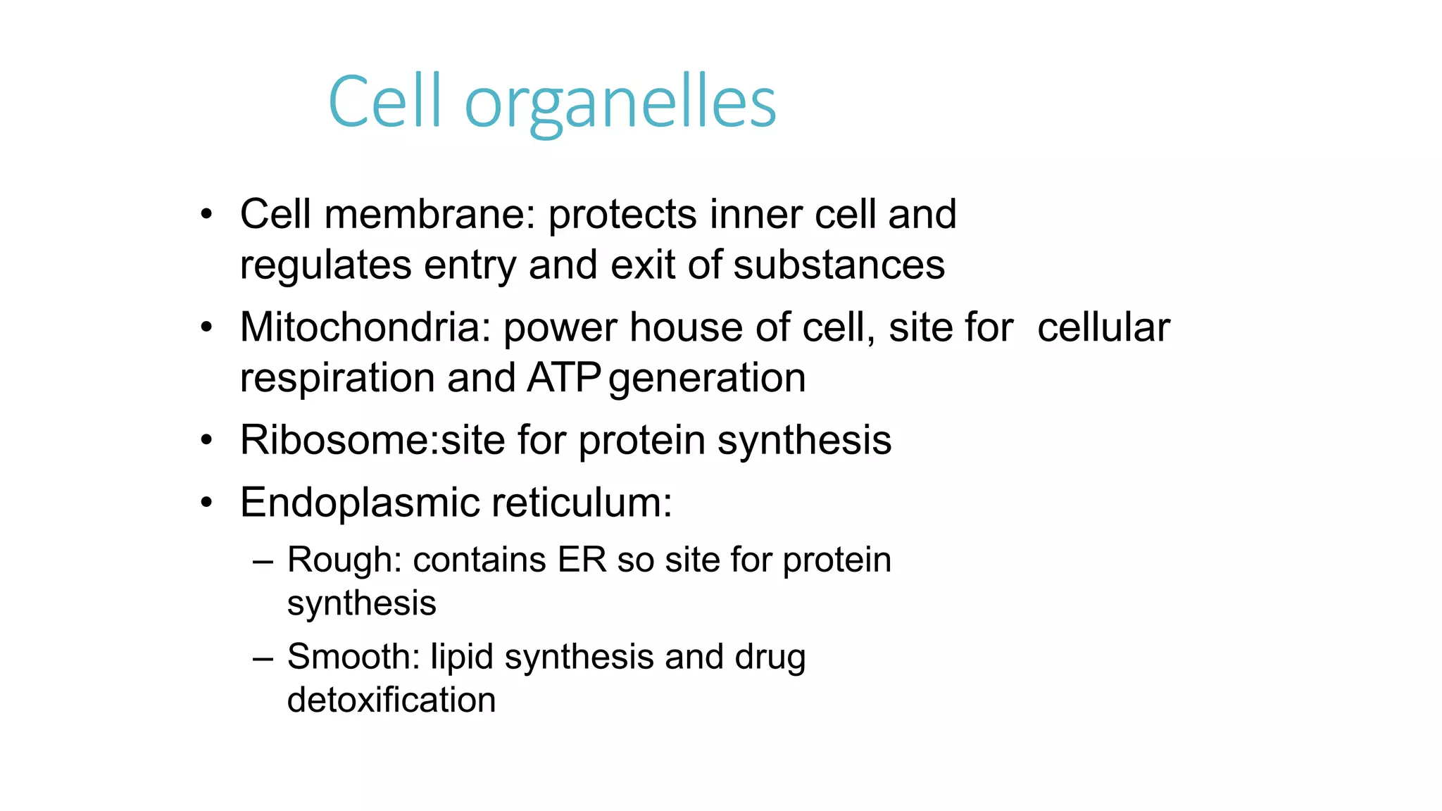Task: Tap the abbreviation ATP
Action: point(563,378)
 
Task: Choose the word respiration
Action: point(337,379)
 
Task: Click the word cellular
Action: point(1103,327)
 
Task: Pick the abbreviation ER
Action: point(582,560)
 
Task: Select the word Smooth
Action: point(348,657)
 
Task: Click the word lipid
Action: point(462,657)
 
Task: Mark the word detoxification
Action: point(391,700)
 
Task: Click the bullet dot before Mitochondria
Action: point(206,327)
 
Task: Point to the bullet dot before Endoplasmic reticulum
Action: point(206,503)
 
